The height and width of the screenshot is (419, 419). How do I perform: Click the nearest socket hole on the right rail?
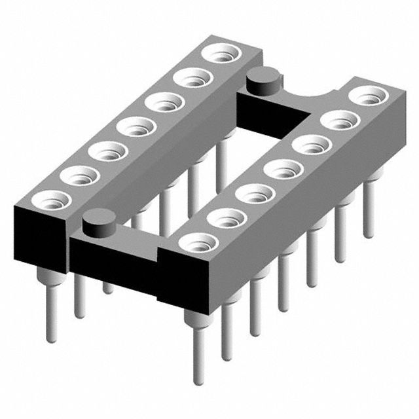click(x=196, y=244)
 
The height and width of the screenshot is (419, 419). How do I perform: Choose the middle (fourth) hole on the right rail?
click(x=280, y=170)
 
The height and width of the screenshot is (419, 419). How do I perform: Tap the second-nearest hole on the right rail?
click(x=224, y=219)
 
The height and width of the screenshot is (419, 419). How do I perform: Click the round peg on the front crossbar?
click(x=98, y=221)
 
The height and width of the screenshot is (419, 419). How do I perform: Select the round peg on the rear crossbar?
click(x=262, y=82)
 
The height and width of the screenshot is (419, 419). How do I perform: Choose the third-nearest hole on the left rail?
click(x=107, y=151)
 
